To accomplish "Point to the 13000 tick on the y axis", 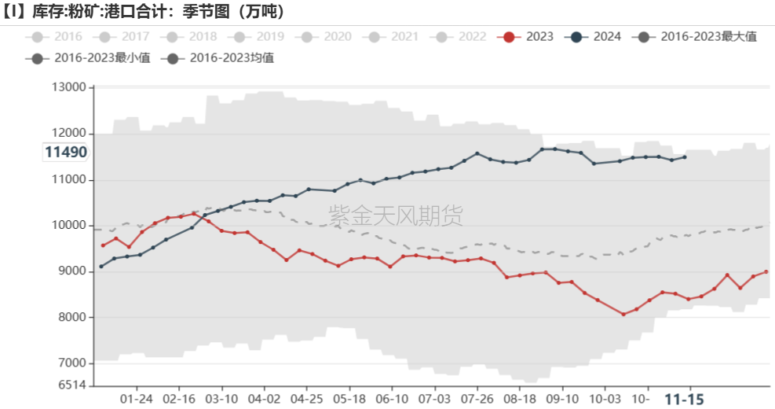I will pyautogui.click(x=68, y=87).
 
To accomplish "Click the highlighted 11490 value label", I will pyautogui.click(x=65, y=152).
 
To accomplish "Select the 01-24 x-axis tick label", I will pyautogui.click(x=137, y=399).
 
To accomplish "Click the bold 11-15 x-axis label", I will pyautogui.click(x=684, y=399).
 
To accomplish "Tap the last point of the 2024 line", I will pyautogui.click(x=685, y=157).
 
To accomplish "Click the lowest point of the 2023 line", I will pyautogui.click(x=623, y=314).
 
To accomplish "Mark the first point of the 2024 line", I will pyautogui.click(x=101, y=267).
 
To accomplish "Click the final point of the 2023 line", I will pyautogui.click(x=766, y=272).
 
